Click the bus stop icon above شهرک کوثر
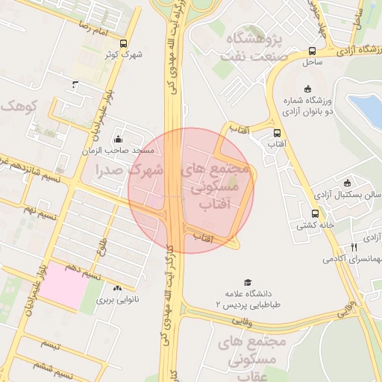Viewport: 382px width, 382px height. click(123, 43)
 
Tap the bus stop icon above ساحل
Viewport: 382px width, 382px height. click(312, 51)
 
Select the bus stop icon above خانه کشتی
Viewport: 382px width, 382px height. click(303, 212)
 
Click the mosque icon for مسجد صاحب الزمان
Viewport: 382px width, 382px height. click(118, 139)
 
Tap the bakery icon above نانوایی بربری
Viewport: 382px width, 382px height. click(117, 287)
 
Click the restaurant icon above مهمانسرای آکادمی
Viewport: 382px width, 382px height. click(354, 247)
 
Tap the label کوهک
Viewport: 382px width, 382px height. click(18, 106)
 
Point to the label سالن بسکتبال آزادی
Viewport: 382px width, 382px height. click(345, 194)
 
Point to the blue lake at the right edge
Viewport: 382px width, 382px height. click(368, 110)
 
